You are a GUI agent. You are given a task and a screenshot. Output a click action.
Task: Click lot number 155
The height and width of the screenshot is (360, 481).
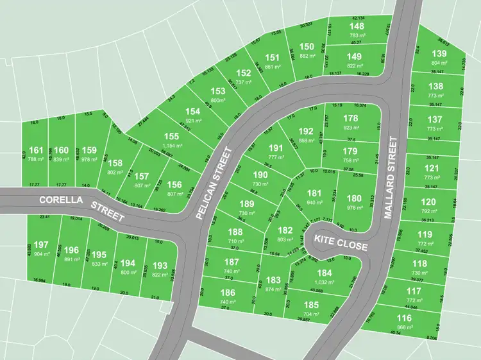[171, 136]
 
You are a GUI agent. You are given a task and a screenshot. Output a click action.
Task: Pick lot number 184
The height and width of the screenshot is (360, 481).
[325, 272]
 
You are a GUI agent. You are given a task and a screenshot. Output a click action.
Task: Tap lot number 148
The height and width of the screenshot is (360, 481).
[357, 26]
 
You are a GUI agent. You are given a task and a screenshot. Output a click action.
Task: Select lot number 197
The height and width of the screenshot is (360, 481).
[42, 244]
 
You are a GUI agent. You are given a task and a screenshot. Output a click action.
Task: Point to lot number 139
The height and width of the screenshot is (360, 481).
[439, 54]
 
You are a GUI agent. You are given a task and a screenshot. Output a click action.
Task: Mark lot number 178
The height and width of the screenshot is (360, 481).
[351, 118]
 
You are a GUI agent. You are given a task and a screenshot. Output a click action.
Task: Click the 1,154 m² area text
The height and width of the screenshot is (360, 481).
[171, 146]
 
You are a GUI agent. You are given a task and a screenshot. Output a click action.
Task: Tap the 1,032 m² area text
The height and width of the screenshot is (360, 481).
[325, 282]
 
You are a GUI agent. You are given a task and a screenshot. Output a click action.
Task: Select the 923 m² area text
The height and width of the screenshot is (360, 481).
[351, 128]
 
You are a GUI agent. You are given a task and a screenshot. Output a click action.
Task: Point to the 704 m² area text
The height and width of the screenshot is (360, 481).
[312, 315]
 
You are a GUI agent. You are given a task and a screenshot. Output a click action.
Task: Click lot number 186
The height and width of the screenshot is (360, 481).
[228, 292]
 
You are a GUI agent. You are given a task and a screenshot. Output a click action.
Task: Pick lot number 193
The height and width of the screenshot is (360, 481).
[160, 265]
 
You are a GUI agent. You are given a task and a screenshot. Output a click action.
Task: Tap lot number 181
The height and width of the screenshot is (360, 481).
[314, 193]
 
